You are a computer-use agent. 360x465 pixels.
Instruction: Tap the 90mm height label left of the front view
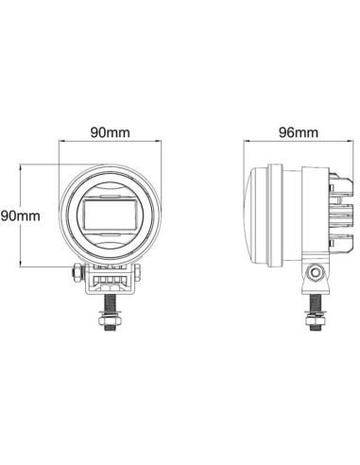point(18,215)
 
